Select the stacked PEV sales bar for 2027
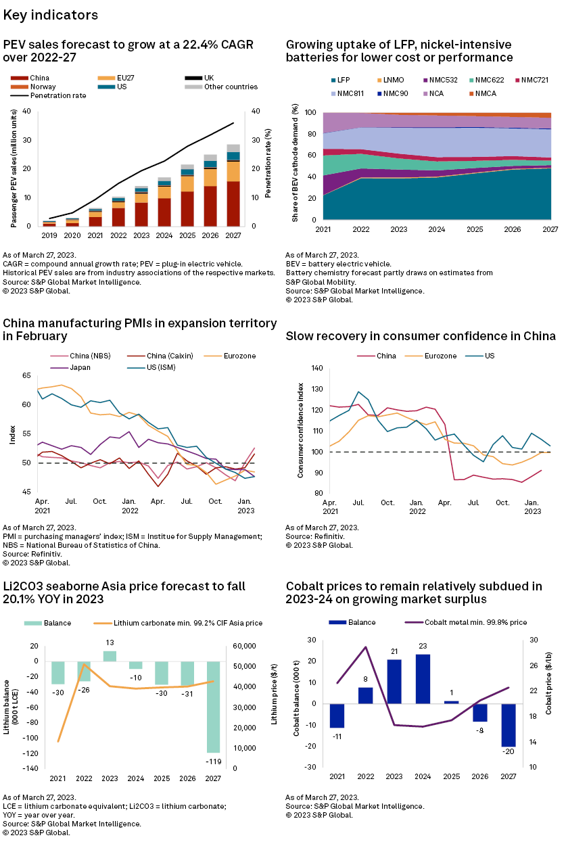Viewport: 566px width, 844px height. [x=234, y=185]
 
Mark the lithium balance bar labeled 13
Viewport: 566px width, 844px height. [x=110, y=656]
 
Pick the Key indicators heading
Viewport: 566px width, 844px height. [x=51, y=15]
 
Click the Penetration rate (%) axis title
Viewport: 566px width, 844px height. [x=268, y=168]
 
